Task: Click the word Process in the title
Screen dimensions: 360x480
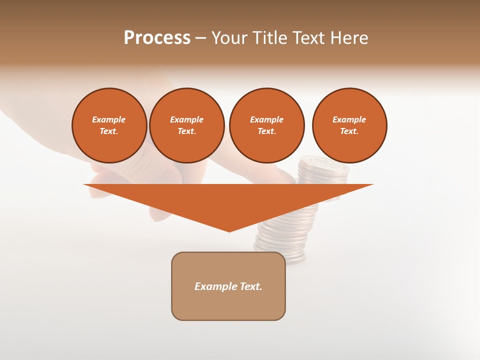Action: pos(157,38)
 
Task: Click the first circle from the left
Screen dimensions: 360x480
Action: pos(109,125)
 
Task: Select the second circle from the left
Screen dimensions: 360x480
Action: pos(187,125)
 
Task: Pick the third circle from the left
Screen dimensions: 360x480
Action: pos(267,125)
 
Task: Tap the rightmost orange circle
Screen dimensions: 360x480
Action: pos(349,125)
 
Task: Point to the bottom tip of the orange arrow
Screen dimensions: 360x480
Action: pos(229,231)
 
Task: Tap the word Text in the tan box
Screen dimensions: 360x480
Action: pos(250,286)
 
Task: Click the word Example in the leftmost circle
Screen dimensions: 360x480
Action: pos(109,119)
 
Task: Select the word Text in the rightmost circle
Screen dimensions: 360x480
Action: pos(349,131)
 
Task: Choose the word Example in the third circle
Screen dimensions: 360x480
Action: pos(267,119)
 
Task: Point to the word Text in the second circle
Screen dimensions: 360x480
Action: pos(186,131)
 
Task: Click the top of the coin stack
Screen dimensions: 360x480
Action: pos(323,162)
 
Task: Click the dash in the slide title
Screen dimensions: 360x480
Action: pos(201,38)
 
